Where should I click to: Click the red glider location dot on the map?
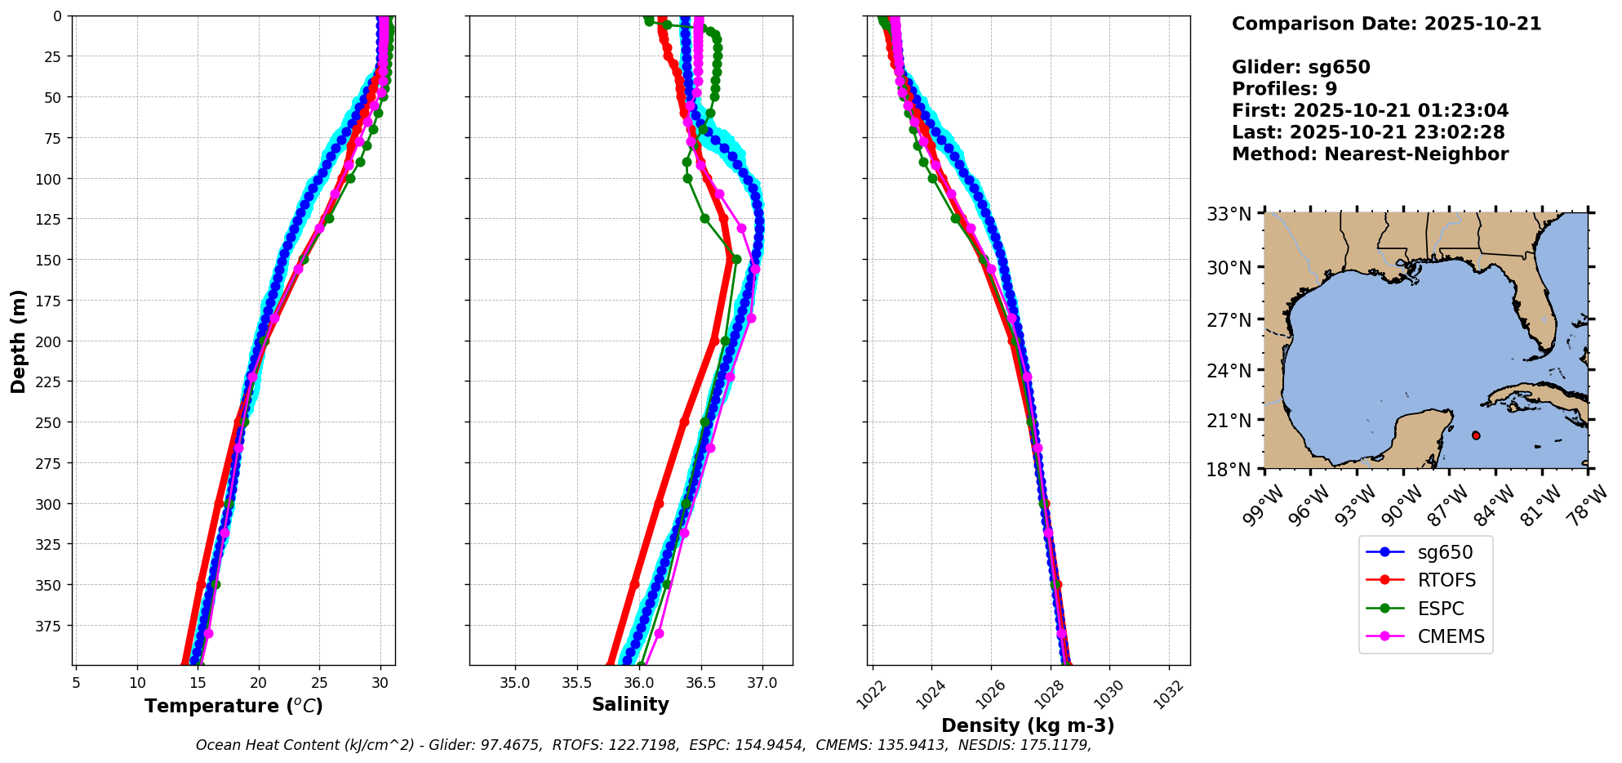[x=1476, y=435]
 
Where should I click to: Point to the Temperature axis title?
[x=233, y=706]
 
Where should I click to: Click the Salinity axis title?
[x=630, y=704]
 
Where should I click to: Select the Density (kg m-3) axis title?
[x=1028, y=725]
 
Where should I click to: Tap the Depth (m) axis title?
[x=18, y=341]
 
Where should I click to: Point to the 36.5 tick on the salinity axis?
[x=700, y=683]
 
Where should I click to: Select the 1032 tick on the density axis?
[x=1168, y=687]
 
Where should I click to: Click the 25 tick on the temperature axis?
[x=319, y=683]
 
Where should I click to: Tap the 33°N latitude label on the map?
[x=1229, y=214]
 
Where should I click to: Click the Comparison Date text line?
[x=1386, y=24]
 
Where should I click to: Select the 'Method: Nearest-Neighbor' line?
[x=1370, y=154]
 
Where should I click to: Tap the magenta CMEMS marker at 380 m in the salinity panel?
[x=659, y=634]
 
